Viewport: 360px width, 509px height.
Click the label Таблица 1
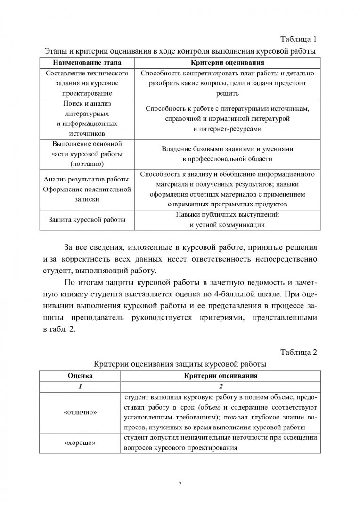click(x=299, y=39)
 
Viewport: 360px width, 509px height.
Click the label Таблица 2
click(x=299, y=352)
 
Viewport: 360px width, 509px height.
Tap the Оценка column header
click(x=80, y=376)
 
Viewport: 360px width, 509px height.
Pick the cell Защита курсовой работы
click(x=87, y=220)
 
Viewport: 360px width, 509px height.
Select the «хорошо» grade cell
click(x=80, y=443)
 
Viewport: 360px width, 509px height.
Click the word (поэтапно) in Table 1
click(x=87, y=164)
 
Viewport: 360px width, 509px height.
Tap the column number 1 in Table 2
click(x=80, y=386)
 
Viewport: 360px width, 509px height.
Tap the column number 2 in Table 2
click(x=221, y=386)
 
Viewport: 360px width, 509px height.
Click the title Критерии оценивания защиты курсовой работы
click(x=180, y=364)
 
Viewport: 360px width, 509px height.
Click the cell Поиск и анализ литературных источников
click(x=87, y=118)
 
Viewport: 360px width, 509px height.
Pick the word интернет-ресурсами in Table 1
click(x=227, y=128)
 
